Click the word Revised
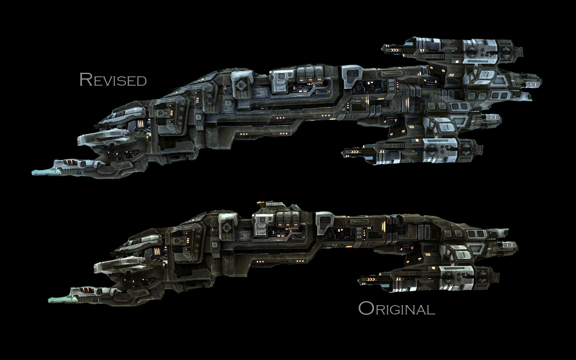coord(113,80)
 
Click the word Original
coord(396,309)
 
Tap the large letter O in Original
coord(366,308)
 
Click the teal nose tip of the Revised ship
coord(40,172)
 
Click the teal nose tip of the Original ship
coord(56,298)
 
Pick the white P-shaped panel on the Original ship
coord(261,223)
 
